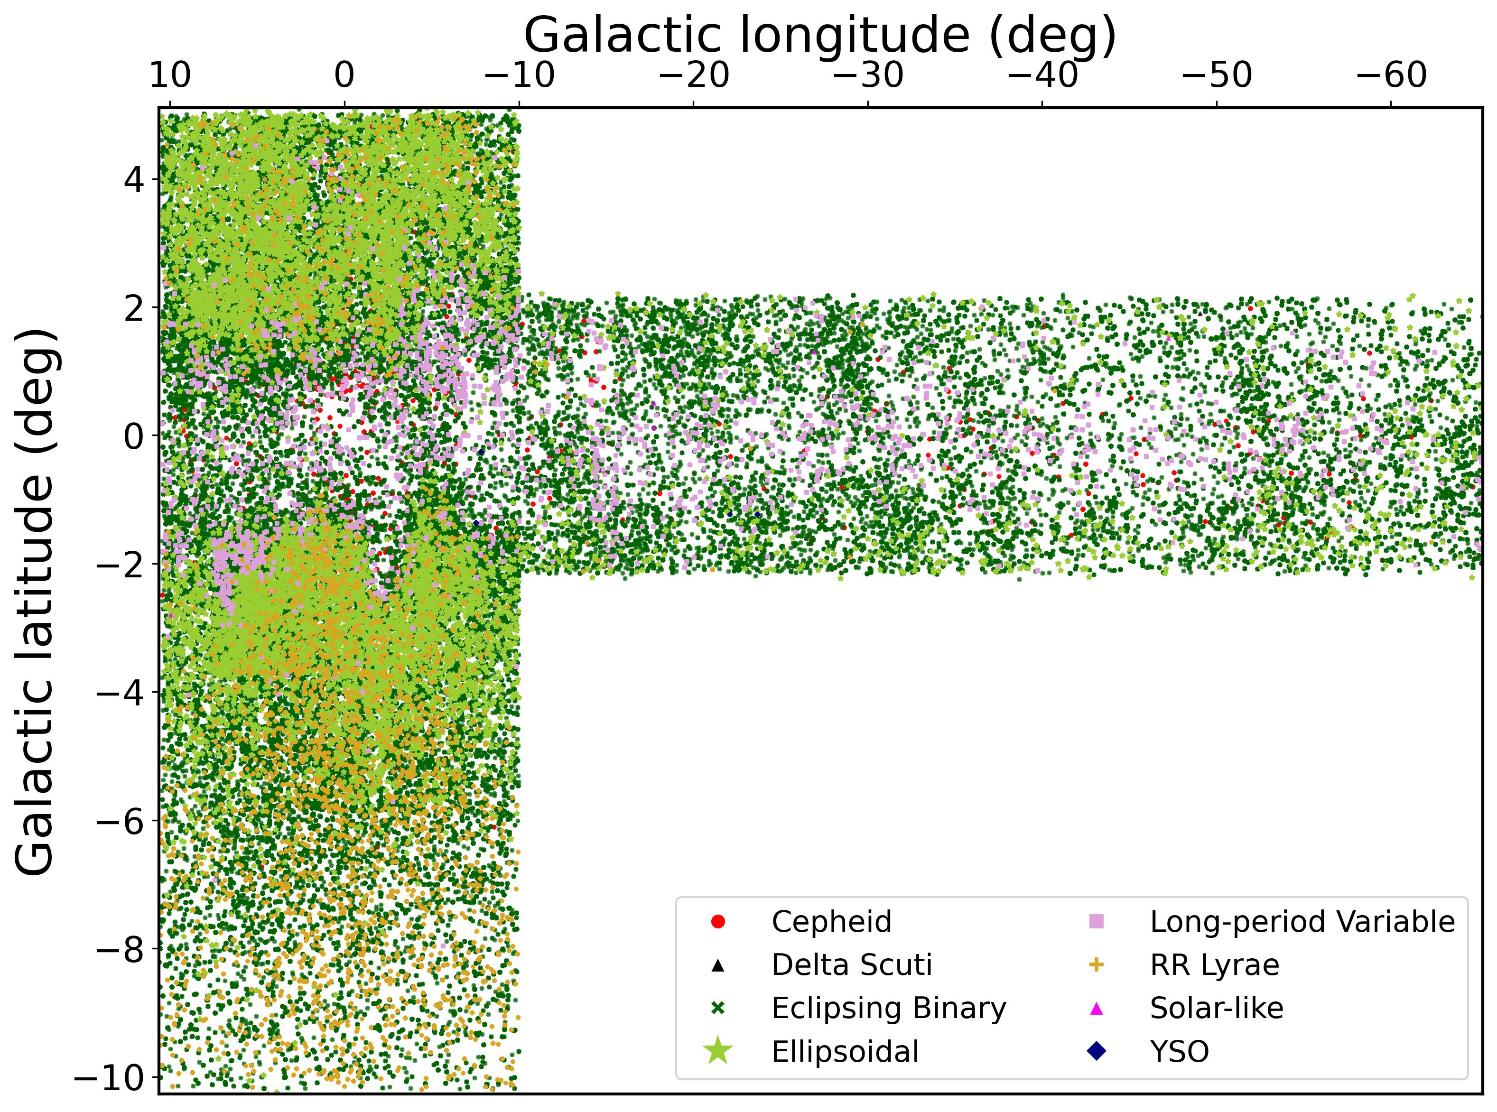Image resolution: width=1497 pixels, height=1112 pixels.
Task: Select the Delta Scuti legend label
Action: point(852,965)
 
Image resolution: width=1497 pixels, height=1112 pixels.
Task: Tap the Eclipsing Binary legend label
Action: point(889,1008)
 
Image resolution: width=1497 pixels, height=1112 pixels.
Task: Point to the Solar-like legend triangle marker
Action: point(1097,1008)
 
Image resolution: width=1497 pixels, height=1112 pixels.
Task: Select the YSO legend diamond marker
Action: point(1097,1051)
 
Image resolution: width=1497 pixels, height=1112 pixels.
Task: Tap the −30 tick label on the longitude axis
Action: point(868,76)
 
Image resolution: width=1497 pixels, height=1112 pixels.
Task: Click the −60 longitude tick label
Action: point(1391,76)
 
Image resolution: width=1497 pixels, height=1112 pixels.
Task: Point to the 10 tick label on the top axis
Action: point(169,76)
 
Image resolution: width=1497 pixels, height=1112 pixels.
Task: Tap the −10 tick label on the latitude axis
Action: point(114,1076)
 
